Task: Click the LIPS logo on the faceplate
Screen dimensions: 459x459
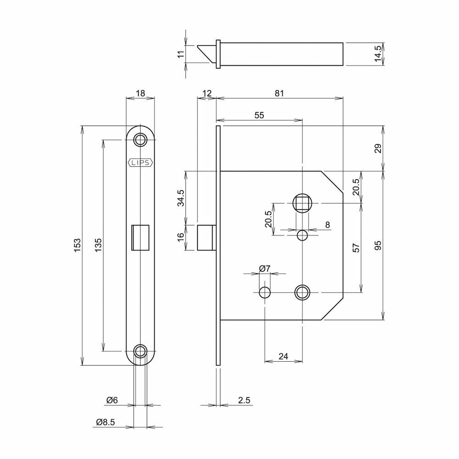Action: click(140, 163)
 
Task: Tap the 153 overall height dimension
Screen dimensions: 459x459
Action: click(77, 245)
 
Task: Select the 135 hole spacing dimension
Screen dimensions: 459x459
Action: click(98, 245)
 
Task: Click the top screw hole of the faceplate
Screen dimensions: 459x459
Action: click(140, 140)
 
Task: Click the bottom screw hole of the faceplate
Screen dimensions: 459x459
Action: click(140, 351)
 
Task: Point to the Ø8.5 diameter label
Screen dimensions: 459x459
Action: click(106, 422)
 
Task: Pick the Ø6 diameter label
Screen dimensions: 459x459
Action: click(112, 400)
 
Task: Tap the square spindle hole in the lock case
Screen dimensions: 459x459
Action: click(302, 203)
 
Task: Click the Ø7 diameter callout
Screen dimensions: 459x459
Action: click(265, 268)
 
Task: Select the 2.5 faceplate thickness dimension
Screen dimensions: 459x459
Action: click(244, 400)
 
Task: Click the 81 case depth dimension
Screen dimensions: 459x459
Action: click(279, 93)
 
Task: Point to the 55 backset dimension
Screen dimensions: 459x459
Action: click(259, 115)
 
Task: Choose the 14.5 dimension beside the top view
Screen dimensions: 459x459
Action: click(378, 54)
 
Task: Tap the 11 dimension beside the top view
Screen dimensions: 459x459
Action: click(181, 54)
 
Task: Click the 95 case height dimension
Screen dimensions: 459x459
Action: click(378, 245)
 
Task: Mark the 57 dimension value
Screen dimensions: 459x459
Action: click(356, 248)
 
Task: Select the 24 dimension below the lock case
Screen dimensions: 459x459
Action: click(283, 356)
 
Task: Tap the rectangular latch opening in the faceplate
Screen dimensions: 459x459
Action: click(140, 238)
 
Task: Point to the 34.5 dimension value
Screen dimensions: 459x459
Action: click(180, 198)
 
